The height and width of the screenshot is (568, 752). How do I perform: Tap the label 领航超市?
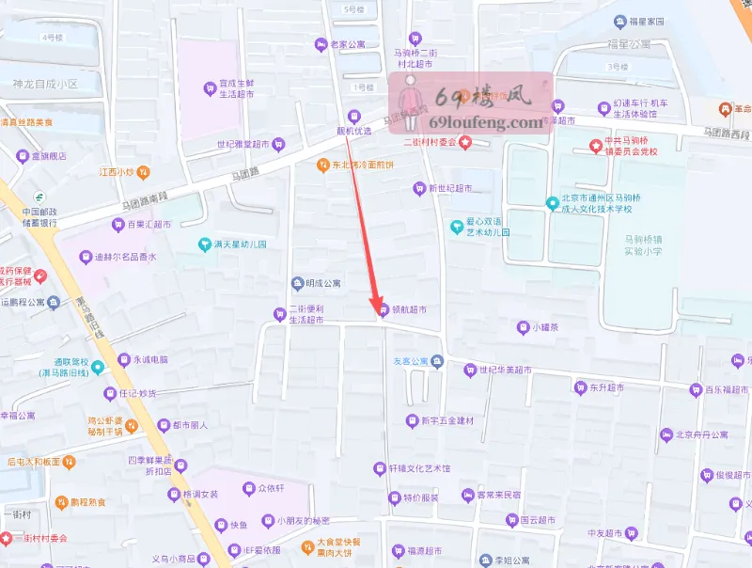pos(410,309)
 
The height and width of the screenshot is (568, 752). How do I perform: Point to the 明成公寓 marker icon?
pos(297,282)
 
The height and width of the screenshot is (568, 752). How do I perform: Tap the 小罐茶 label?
pos(545,327)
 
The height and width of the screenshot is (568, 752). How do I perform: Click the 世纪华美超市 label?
pos(505,370)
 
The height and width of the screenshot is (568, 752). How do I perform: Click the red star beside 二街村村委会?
pos(464,142)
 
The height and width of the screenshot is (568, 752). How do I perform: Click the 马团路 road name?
pos(243,175)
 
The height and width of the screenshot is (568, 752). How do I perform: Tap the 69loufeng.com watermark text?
pos(485,122)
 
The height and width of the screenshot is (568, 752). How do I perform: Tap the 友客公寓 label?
pos(411,361)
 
